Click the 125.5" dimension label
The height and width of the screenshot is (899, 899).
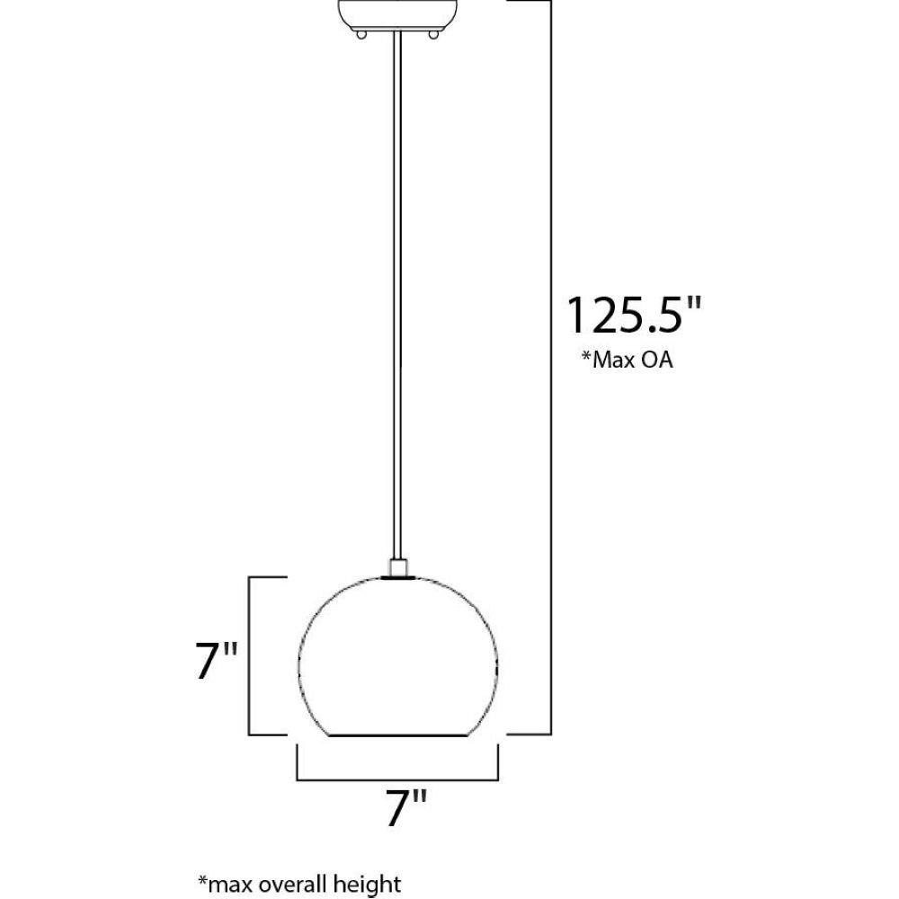click(634, 316)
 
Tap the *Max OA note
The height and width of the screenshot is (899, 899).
click(628, 360)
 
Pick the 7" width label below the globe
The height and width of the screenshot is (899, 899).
click(406, 809)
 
